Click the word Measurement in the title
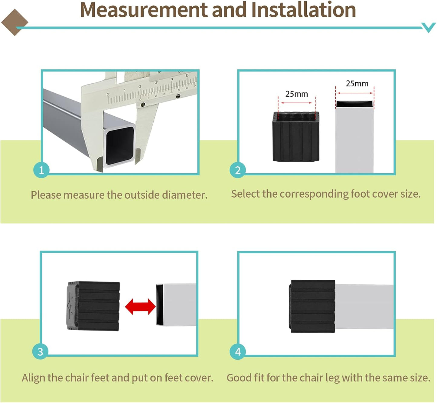[x=144, y=10]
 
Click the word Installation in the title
[x=303, y=10]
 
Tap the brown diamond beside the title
[x=14, y=22]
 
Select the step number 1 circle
[x=41, y=170]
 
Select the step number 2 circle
[x=238, y=170]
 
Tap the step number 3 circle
[x=40, y=351]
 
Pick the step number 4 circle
[x=238, y=351]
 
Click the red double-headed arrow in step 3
[x=140, y=306]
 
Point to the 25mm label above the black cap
[x=296, y=94]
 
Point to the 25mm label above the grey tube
[x=357, y=84]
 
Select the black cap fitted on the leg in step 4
[x=313, y=306]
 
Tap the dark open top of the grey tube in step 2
[x=354, y=104]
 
